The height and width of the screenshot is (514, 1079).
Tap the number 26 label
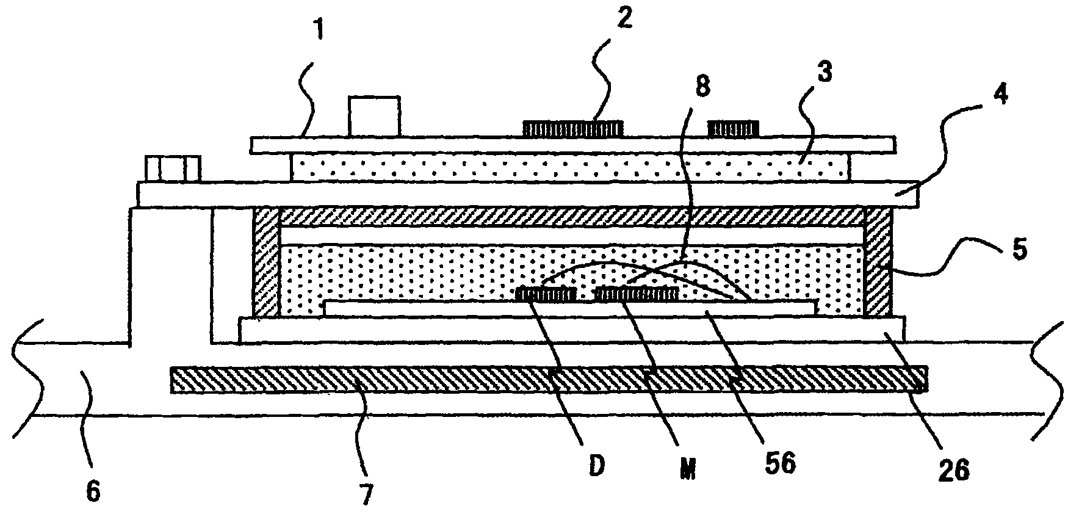(951, 471)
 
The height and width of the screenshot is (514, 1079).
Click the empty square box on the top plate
(374, 117)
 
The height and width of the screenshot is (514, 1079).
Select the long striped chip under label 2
(572, 128)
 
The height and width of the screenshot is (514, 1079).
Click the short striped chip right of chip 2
(732, 128)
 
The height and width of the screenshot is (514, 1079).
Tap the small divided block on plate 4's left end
(173, 169)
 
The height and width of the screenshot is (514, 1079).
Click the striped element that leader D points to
(546, 294)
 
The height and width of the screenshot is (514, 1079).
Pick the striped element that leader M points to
(637, 294)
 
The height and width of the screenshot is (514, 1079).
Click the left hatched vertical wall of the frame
(265, 262)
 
